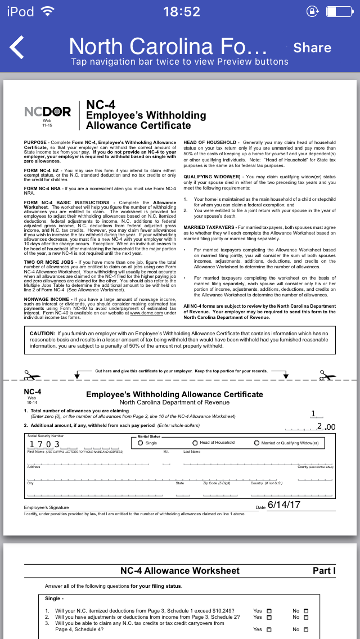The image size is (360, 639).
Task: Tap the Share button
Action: point(312,48)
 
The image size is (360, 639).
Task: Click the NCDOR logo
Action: point(48,112)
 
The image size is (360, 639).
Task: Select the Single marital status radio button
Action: point(141,443)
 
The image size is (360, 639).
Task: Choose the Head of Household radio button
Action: point(195,443)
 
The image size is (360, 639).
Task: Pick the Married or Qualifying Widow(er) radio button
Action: point(256,443)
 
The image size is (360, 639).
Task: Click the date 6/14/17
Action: point(284,505)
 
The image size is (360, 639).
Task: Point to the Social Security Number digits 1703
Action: point(44,444)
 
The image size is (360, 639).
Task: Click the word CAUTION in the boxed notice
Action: point(42,334)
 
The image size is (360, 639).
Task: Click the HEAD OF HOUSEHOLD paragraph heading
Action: point(210,143)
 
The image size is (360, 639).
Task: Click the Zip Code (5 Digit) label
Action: point(217,483)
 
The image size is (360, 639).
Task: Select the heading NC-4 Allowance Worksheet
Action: point(180,570)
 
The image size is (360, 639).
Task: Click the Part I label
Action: point(324,570)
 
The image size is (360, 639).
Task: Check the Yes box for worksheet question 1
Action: point(269,611)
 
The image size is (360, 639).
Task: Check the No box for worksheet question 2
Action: point(306,617)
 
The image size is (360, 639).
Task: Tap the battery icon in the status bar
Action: point(339,11)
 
